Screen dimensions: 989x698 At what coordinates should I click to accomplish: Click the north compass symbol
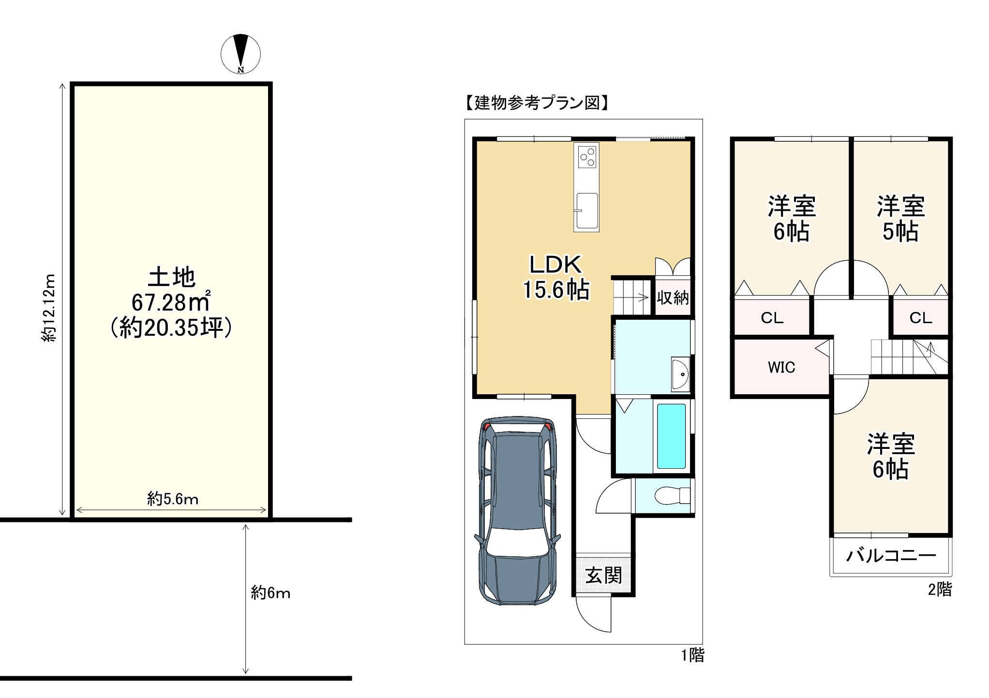pos(240,54)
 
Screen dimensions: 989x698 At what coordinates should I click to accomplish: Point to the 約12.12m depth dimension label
pos(49,308)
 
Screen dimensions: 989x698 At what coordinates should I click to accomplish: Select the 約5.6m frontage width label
pos(173,499)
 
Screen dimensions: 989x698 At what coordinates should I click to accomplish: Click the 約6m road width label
pos(270,593)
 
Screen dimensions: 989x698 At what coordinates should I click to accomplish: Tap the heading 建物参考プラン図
pos(537,103)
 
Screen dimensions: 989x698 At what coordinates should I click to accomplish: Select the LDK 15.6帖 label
pos(556,278)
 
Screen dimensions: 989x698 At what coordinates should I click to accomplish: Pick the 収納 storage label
pos(673,297)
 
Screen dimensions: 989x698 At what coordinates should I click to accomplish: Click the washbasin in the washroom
pos(680,374)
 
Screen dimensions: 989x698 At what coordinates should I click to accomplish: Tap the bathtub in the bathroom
pos(671,436)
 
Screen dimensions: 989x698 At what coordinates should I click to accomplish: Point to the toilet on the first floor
pos(672,495)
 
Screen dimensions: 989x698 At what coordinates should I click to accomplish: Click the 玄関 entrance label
pos(603,576)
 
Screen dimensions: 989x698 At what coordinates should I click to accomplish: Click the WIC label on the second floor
pos(781,368)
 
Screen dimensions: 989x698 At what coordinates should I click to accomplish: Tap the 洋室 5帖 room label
pos(900,219)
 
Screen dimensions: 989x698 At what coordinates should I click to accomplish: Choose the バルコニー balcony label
pos(891,556)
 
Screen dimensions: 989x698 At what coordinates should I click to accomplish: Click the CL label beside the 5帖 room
pos(920,318)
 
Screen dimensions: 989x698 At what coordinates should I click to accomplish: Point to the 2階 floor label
pos(940,589)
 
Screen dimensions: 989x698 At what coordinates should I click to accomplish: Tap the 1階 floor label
pos(693,655)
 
